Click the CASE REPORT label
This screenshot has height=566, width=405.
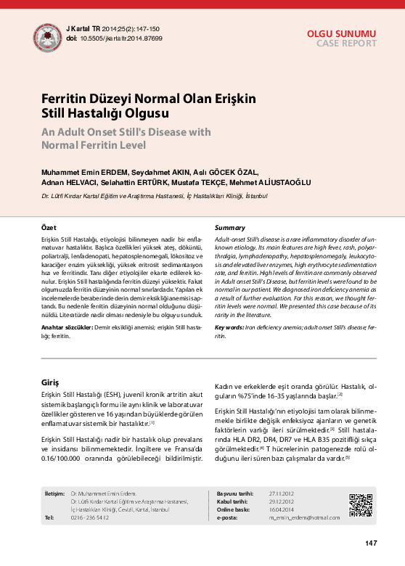(346, 44)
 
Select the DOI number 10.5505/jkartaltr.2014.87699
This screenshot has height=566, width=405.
(121, 38)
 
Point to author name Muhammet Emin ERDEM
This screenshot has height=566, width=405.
(80, 172)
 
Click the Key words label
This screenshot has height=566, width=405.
(229, 327)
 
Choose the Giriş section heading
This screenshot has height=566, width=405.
(50, 382)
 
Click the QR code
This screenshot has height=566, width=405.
(361, 504)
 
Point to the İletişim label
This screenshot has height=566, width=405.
(54, 493)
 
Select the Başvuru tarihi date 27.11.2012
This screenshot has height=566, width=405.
(281, 493)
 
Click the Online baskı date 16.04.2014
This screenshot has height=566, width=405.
(281, 509)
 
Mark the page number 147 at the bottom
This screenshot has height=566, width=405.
(370, 543)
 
